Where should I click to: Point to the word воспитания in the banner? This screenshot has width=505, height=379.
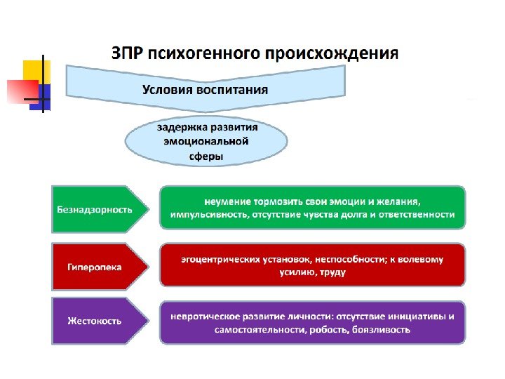point(235,90)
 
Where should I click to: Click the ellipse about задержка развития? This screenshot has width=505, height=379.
point(206,142)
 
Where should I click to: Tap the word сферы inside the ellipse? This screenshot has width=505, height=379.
point(206,157)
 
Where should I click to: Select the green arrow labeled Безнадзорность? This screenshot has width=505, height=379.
point(98,208)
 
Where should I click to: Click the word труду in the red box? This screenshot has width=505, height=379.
point(334,272)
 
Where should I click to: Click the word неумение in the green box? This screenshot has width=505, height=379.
point(224,202)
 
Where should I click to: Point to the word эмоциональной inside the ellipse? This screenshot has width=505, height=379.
point(206,142)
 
